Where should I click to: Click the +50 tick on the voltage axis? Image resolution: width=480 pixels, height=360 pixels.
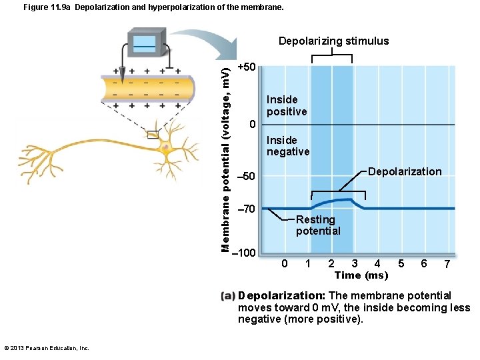[247, 67]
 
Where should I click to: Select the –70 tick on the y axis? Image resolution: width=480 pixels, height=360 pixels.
[246, 209]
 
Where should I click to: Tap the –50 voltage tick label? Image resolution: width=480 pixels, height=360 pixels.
[246, 176]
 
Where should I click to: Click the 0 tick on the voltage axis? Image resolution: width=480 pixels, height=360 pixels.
[251, 125]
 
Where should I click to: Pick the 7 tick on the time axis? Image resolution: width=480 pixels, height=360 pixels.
[447, 264]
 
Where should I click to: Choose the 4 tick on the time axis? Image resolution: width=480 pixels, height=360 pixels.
[377, 263]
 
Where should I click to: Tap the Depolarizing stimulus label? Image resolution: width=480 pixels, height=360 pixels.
[333, 41]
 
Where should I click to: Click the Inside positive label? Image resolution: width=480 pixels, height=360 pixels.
[287, 105]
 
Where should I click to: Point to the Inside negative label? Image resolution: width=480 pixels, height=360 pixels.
[288, 146]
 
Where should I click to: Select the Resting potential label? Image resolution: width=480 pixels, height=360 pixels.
[318, 225]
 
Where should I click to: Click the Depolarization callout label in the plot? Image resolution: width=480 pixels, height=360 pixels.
[405, 172]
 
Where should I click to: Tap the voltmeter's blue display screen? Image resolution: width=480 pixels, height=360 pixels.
[145, 43]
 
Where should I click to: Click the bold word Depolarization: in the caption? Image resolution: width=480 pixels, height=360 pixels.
[281, 295]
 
